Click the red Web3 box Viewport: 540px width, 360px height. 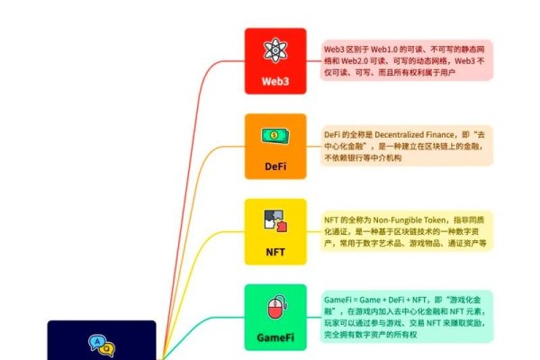[x=275, y=60]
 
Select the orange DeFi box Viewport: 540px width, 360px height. [x=275, y=146]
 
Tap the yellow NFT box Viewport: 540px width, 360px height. [x=275, y=231]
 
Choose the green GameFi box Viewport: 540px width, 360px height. [x=275, y=317]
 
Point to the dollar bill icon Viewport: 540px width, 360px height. [x=275, y=136]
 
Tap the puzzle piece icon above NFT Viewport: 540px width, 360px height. [x=275, y=221]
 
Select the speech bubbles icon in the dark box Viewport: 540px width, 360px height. [x=101, y=344]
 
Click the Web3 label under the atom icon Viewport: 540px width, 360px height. [x=275, y=80]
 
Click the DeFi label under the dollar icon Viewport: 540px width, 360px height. [x=275, y=166]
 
